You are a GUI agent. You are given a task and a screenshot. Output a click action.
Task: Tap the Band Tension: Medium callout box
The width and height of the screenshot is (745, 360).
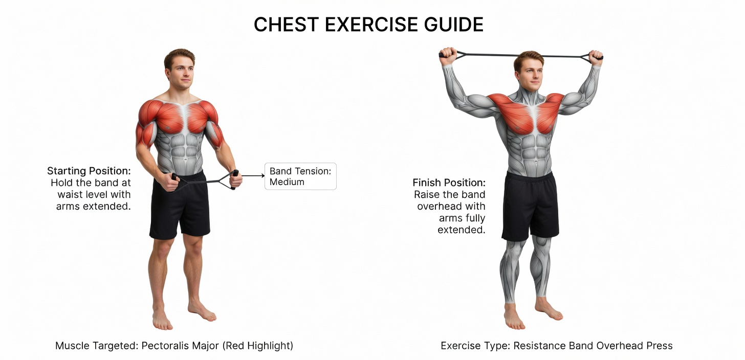click(300, 176)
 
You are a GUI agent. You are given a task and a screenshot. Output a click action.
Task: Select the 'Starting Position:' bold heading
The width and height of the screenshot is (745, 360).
click(89, 171)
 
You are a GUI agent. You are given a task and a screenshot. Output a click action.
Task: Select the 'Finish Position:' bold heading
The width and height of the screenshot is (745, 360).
click(449, 183)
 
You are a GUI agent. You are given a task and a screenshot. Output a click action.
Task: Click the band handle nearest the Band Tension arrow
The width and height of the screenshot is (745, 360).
click(234, 179)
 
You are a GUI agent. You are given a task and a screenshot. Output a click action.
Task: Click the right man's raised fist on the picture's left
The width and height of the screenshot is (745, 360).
click(448, 55)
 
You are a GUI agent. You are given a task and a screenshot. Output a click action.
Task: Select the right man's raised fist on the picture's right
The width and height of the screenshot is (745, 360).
click(595, 56)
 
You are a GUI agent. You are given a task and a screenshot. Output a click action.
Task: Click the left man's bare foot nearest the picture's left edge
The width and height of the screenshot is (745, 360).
click(162, 320)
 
